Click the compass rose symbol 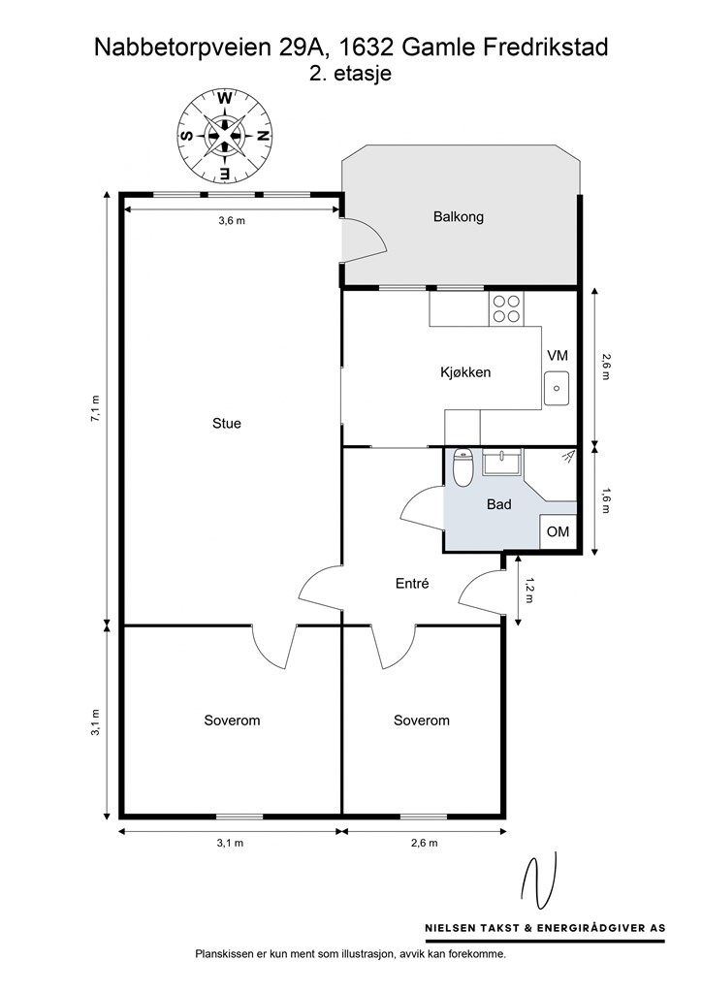[225, 136]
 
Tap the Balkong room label [458, 217]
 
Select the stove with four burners [506, 308]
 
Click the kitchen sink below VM [557, 388]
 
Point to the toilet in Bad [463, 469]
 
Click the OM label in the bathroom [558, 532]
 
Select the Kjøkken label [465, 372]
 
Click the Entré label [412, 584]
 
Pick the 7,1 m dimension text [95, 408]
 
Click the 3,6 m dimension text [232, 221]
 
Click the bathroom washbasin [501, 466]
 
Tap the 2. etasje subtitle [350, 74]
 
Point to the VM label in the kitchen [558, 356]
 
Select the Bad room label [498, 504]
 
